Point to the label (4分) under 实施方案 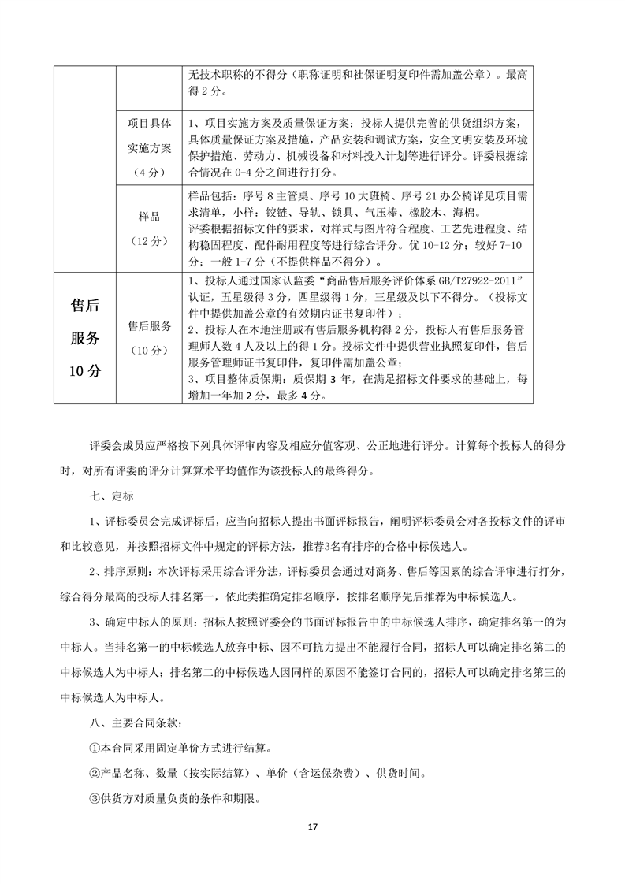[x=149, y=171]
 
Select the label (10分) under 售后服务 [x=149, y=350]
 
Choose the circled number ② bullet [x=96, y=773]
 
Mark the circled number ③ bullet [x=96, y=798]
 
